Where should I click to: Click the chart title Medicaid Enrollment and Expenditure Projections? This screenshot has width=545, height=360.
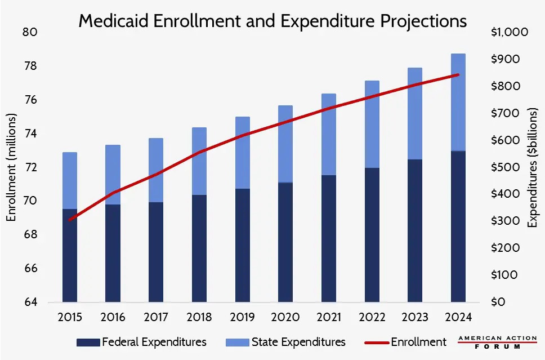pyautogui.click(x=272, y=21)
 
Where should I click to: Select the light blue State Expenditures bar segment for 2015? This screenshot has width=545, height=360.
pyautogui.click(x=70, y=180)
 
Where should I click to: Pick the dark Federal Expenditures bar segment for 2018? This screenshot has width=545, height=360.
pyautogui.click(x=199, y=248)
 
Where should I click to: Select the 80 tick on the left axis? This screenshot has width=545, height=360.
pyautogui.click(x=30, y=32)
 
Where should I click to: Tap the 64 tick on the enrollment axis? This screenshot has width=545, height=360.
pyautogui.click(x=30, y=302)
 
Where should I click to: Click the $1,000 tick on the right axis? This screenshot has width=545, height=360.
pyautogui.click(x=509, y=32)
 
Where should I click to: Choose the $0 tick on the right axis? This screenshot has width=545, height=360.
pyautogui.click(x=497, y=302)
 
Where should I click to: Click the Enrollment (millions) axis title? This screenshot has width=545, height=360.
pyautogui.click(x=11, y=167)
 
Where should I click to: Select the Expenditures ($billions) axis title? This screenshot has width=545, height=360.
pyautogui.click(x=532, y=167)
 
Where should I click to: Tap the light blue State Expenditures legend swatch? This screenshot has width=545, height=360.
pyautogui.click(x=236, y=342)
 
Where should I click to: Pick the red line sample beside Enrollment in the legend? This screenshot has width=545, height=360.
pyautogui.click(x=369, y=342)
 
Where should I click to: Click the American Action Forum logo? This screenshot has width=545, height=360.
pyautogui.click(x=497, y=343)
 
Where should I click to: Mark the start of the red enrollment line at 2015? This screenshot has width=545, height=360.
pyautogui.click(x=70, y=220)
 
